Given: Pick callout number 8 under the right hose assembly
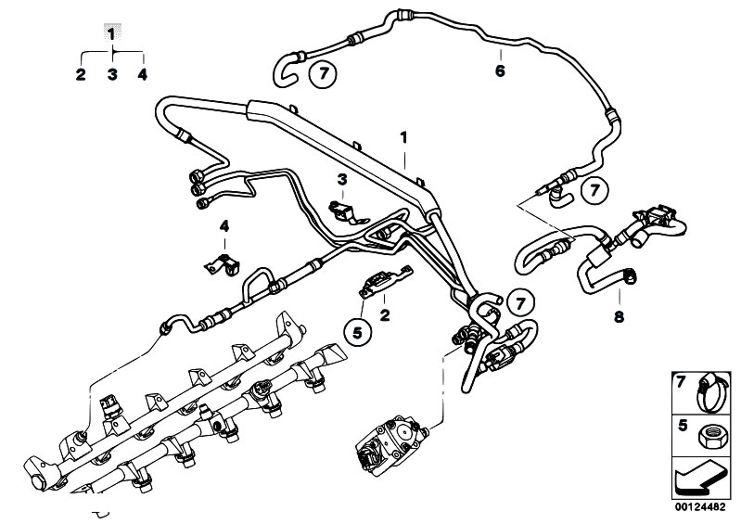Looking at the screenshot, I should click(618, 317).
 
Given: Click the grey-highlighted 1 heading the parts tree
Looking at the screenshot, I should click(111, 33).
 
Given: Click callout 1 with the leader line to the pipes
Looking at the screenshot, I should click(403, 136).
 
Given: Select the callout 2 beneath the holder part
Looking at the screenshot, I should click(384, 316).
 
